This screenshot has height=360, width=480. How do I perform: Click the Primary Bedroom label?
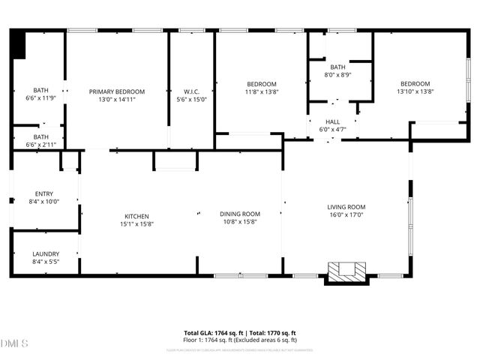(116, 91)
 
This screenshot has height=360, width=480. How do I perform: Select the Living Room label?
(346, 207)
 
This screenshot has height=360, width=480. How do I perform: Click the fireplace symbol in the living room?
(346, 271)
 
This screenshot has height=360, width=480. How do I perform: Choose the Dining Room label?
(239, 214)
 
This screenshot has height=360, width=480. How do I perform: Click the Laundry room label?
(46, 253)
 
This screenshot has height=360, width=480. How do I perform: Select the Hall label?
(332, 121)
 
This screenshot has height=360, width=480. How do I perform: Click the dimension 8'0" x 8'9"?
(337, 75)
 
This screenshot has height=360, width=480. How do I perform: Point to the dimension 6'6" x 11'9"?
(41, 97)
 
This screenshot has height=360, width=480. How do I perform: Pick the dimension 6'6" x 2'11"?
(41, 144)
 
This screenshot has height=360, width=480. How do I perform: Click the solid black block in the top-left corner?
(19, 45)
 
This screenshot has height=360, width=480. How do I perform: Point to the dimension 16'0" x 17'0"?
(346, 214)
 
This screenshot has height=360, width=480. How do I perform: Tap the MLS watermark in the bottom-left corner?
(15, 344)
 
